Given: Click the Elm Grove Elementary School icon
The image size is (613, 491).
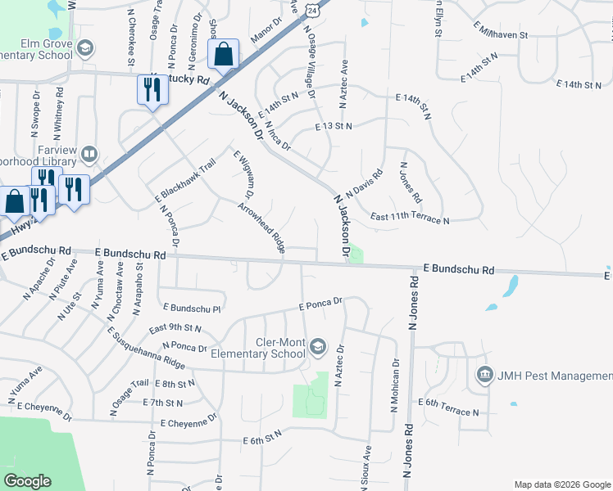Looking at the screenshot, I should click(84, 49).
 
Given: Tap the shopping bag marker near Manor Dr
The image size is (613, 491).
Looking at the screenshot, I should click(224, 55).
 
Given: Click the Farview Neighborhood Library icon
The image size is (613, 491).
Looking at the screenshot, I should click(89, 153).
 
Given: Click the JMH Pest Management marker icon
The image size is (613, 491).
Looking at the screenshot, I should click(484, 376).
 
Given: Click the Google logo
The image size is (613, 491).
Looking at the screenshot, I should click(27, 481).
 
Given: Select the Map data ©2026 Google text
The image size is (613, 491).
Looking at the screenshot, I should click(561, 484).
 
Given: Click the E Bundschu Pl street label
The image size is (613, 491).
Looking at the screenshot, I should click(193, 309).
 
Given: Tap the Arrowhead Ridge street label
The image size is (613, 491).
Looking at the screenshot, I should click(262, 227).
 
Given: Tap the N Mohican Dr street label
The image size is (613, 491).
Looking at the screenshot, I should click(396, 385).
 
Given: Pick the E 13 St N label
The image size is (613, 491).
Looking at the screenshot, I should click(334, 126).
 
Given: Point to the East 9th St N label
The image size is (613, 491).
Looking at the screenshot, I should click(176, 328).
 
